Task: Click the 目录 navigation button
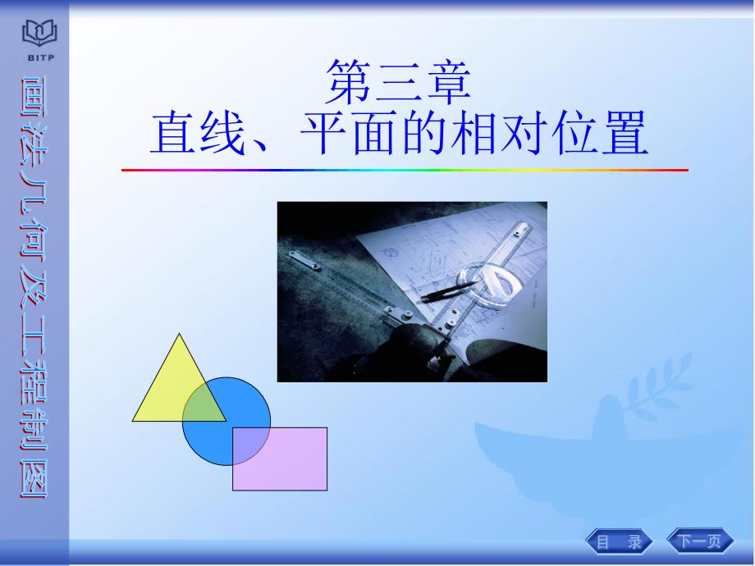[619, 541]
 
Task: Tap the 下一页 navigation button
[700, 541]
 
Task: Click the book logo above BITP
[40, 33]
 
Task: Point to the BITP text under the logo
[40, 57]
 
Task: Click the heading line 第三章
[398, 82]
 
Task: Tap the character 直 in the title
[172, 132]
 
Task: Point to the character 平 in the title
[323, 132]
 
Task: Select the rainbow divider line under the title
[405, 170]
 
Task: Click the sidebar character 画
[34, 96]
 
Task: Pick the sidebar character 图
[34, 479]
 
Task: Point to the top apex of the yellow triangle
[179, 334]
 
